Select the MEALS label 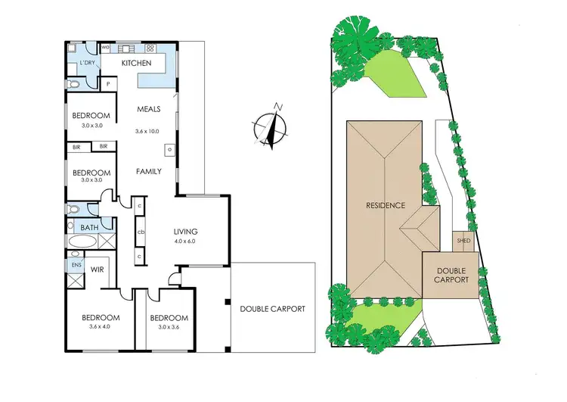pyautogui.click(x=148, y=110)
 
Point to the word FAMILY pyautogui.click(x=148, y=172)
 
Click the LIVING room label pyautogui.click(x=185, y=232)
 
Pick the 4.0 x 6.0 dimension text pyautogui.click(x=185, y=242)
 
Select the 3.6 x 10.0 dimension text pyautogui.click(x=148, y=131)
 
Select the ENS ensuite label pyautogui.click(x=76, y=266)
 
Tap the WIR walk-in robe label pyautogui.click(x=97, y=269)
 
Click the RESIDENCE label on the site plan pyautogui.click(x=386, y=205)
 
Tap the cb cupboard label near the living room pyautogui.click(x=141, y=232)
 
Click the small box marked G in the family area pyautogui.click(x=169, y=150)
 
